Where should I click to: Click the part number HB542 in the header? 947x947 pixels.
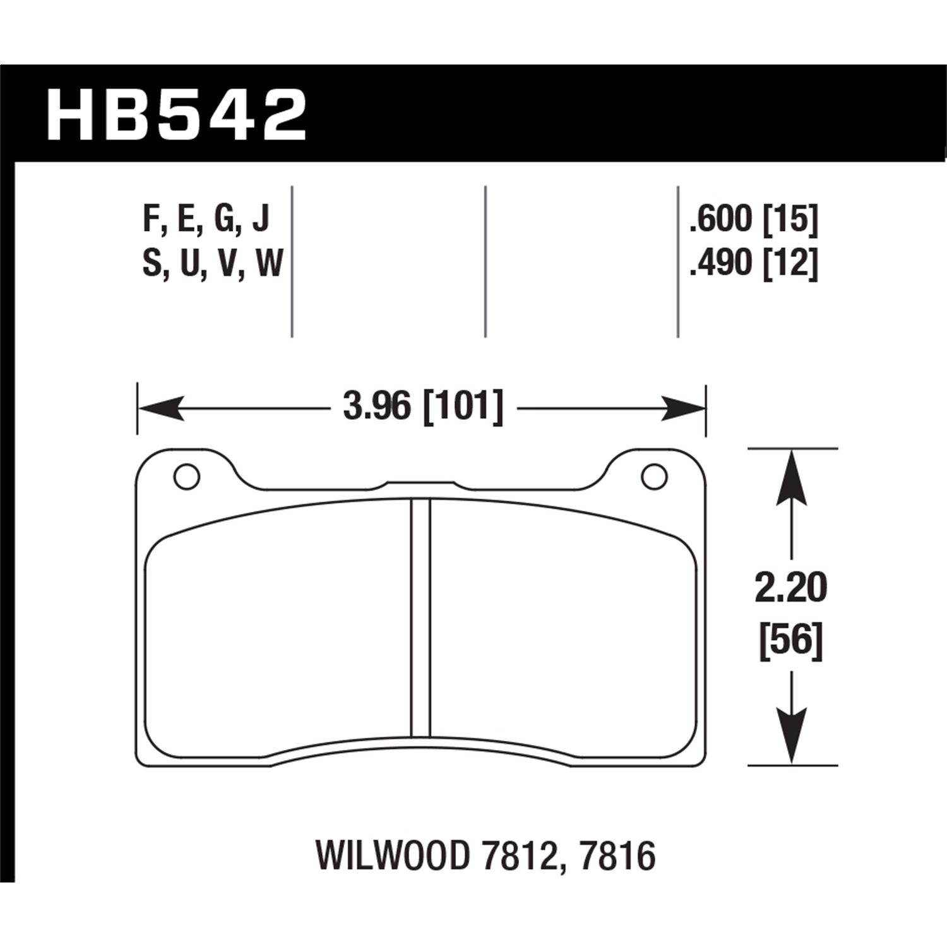point(176,115)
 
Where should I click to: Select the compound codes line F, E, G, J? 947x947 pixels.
point(206,219)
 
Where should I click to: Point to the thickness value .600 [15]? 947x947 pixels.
point(754,219)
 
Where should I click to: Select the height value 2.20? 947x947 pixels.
point(790,588)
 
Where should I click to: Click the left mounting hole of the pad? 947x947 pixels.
point(186,477)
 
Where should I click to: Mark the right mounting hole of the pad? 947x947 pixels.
point(654,477)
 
